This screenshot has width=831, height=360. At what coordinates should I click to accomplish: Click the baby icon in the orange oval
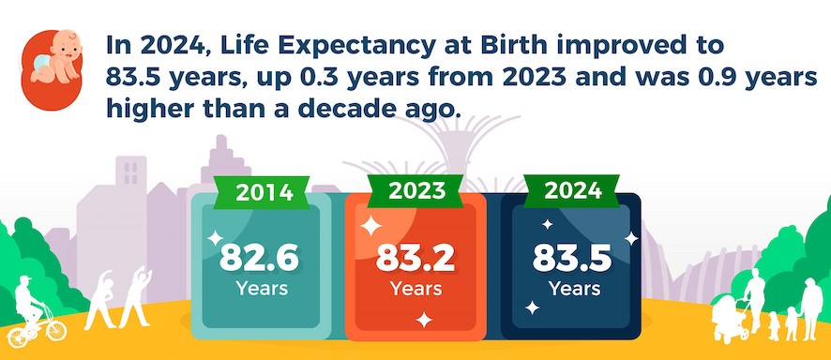pos(55,57)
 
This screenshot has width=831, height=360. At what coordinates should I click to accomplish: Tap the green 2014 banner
pos(264,192)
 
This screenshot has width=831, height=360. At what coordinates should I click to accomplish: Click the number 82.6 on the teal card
pos(259,257)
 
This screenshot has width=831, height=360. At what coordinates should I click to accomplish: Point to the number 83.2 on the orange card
pos(415,257)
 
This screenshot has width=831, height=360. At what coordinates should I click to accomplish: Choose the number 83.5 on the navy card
pos(572,257)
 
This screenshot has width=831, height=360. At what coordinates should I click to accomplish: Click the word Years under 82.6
pos(262,289)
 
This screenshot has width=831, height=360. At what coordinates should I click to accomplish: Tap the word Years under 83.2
pos(416,289)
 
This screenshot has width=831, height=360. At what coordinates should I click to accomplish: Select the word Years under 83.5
pos(574,289)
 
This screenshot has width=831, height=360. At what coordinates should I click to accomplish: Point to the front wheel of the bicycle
pos(55,330)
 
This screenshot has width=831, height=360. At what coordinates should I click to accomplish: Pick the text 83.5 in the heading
pos(129,77)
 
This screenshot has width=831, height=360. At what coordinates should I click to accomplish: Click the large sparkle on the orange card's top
pos(370,226)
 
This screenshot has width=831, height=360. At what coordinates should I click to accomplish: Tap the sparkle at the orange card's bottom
pos(423,320)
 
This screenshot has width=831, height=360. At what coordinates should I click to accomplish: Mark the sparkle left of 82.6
pos(215,238)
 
